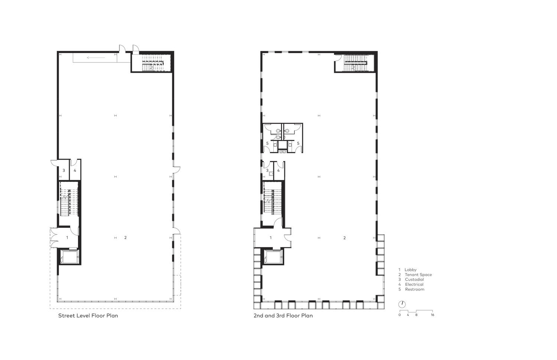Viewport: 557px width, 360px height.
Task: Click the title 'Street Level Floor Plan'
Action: (88, 316)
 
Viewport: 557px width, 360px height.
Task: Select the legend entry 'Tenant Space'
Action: (418, 275)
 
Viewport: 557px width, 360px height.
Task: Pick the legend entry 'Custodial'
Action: (414, 279)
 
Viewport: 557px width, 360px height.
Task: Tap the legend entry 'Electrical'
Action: (414, 284)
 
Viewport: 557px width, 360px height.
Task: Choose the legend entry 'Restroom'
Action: (414, 289)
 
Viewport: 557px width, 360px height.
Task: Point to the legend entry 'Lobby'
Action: (410, 270)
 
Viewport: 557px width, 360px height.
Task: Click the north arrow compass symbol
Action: (402, 304)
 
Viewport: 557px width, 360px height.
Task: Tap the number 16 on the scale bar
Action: (433, 315)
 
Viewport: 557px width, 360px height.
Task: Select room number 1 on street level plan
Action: (67, 237)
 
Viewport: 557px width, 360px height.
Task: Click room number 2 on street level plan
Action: (126, 238)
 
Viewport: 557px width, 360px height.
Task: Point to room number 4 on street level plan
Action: (75, 171)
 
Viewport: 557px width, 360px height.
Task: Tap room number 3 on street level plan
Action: (64, 171)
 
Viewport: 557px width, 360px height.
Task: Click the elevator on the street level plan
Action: (69, 257)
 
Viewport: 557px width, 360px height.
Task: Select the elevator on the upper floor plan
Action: (273, 257)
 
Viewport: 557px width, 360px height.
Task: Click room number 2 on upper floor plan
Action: (345, 238)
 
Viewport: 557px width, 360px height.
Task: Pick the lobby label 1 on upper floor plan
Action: (271, 238)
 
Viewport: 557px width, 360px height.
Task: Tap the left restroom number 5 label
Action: (267, 143)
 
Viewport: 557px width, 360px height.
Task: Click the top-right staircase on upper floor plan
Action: (355, 62)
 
